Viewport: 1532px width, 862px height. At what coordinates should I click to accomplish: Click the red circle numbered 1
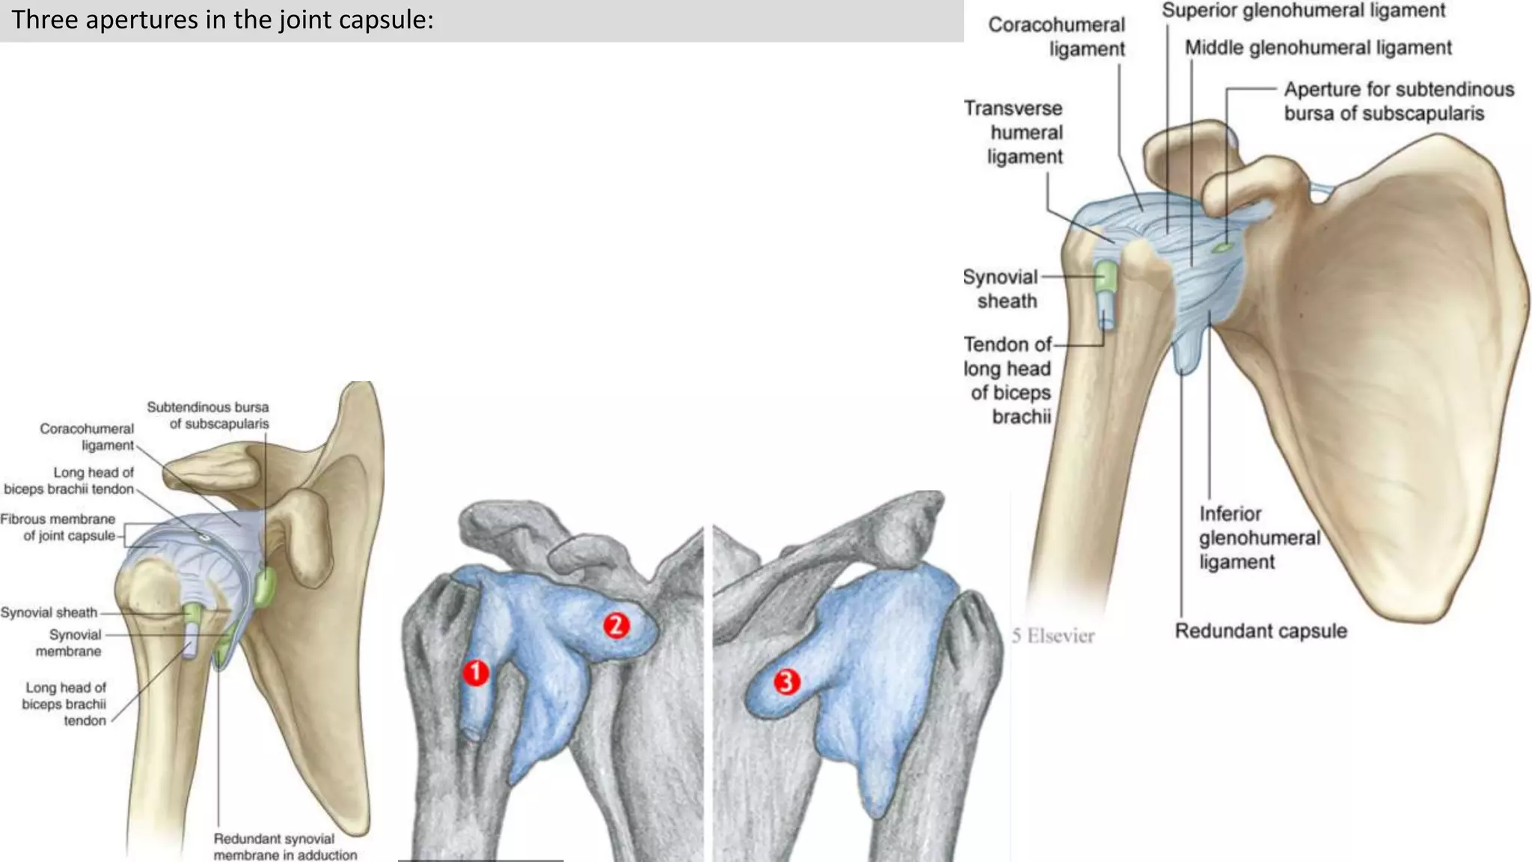tap(476, 673)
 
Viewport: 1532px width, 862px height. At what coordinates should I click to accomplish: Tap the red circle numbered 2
tap(616, 625)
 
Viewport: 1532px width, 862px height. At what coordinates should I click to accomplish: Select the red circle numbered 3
tap(786, 682)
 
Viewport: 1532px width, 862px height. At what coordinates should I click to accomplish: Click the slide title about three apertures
tap(223, 19)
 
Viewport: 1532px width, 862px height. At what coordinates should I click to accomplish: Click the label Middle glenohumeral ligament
tap(1317, 48)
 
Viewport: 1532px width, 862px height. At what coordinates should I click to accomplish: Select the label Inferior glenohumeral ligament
tap(1259, 538)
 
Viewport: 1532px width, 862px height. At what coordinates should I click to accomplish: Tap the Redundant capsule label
tap(1260, 631)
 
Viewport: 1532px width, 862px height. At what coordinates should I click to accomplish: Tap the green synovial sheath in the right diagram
tap(1106, 278)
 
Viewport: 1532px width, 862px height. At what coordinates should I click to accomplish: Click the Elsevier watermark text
tap(1053, 636)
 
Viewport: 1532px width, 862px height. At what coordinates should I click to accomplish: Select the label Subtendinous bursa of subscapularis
tap(209, 415)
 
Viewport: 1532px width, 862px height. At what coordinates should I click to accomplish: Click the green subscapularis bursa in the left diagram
tap(264, 587)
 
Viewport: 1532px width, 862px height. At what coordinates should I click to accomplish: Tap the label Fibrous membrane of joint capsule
tap(58, 528)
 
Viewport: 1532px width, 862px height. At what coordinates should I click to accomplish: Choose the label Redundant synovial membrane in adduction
tap(284, 847)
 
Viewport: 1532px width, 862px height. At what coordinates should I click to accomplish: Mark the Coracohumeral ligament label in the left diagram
tap(88, 437)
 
